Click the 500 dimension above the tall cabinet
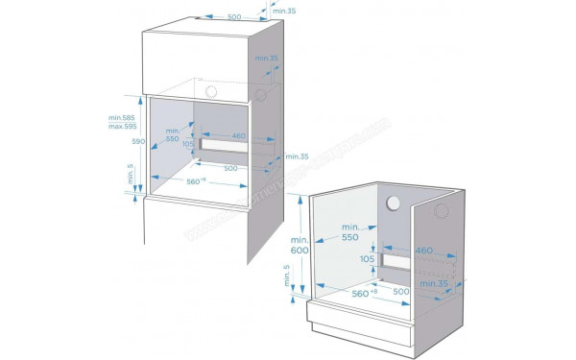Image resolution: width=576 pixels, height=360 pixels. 207,16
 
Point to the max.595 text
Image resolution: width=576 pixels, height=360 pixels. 122,127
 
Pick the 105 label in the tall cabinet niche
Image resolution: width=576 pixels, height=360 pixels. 188,144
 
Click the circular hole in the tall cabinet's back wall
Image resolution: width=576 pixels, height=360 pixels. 211,89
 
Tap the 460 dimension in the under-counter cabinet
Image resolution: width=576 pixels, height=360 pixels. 424,251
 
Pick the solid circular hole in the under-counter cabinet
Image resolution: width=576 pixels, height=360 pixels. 393,204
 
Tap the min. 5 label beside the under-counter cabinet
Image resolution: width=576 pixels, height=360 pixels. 286,279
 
